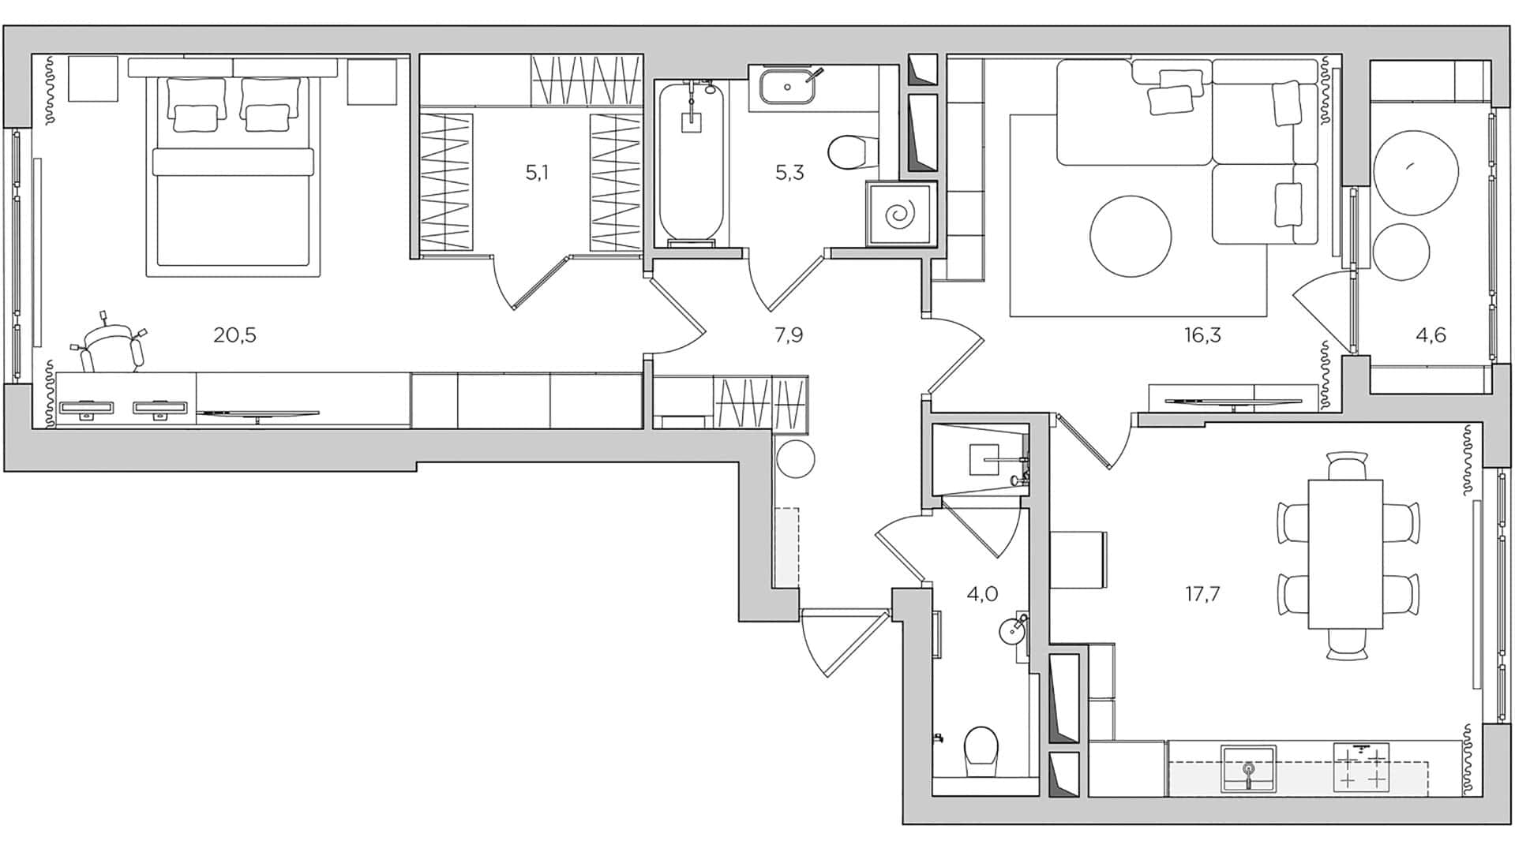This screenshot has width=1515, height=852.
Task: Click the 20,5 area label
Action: pyautogui.click(x=234, y=335)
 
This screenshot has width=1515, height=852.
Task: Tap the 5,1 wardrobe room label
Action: pyautogui.click(x=537, y=172)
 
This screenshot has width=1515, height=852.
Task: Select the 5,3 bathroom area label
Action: pyautogui.click(x=789, y=172)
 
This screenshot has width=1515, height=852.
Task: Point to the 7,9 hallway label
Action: pyautogui.click(x=789, y=335)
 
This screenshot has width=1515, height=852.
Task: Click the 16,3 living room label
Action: pyautogui.click(x=1202, y=335)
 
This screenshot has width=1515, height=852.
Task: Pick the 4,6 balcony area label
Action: pyautogui.click(x=1431, y=335)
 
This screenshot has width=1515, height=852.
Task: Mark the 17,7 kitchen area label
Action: pyautogui.click(x=1202, y=593)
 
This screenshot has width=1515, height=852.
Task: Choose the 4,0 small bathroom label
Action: pyautogui.click(x=982, y=593)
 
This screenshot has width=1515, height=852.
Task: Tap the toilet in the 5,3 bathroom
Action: pyautogui.click(x=851, y=151)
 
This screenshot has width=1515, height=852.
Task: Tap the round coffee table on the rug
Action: pyautogui.click(x=1131, y=236)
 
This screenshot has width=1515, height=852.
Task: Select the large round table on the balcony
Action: pyautogui.click(x=1415, y=172)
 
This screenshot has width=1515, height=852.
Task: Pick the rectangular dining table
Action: pyautogui.click(x=1345, y=554)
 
